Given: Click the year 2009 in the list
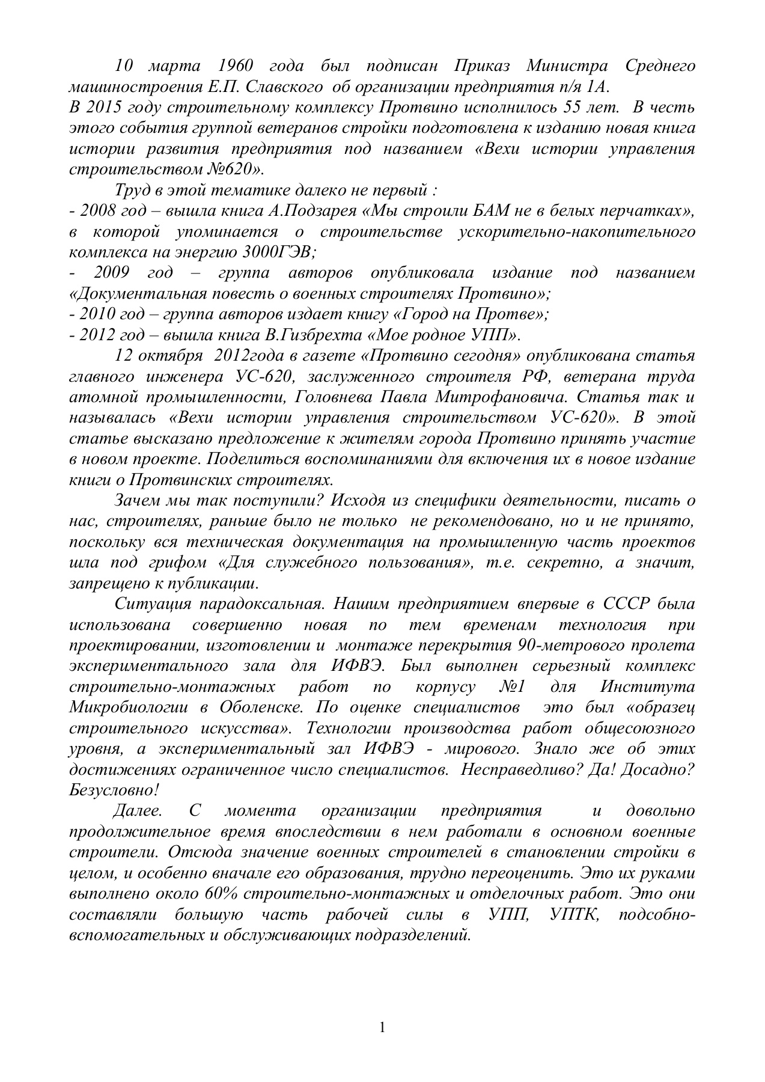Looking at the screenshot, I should [x=112, y=272].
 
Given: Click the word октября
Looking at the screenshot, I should [x=174, y=355].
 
